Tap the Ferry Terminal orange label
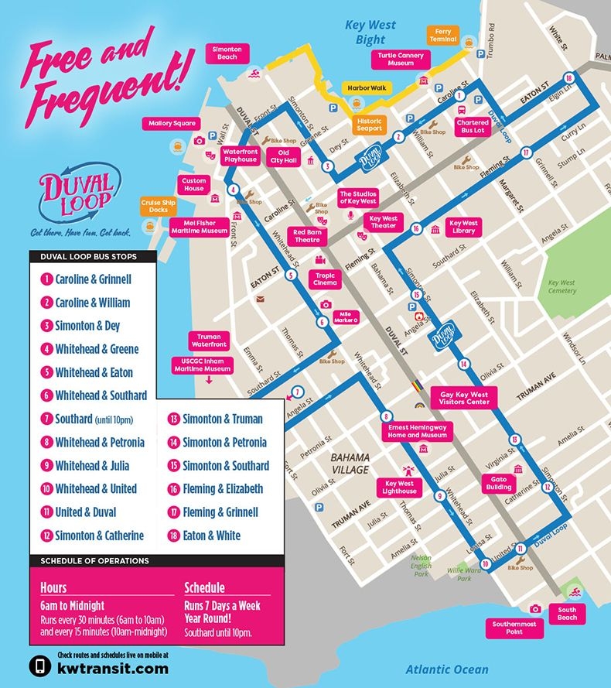point(443,36)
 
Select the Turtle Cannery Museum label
point(401,59)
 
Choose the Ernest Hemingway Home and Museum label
point(418,430)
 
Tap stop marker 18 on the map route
point(569,77)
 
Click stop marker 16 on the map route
point(416,228)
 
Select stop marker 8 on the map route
point(384,417)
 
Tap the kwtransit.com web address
point(112,668)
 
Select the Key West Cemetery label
point(562,286)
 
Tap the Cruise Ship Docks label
point(159,207)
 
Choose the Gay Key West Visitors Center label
point(465,398)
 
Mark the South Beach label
point(567,613)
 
